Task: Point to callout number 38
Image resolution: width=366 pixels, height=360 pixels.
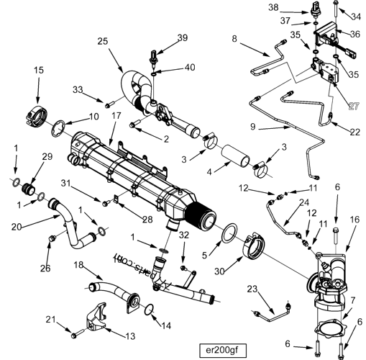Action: [293, 7]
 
